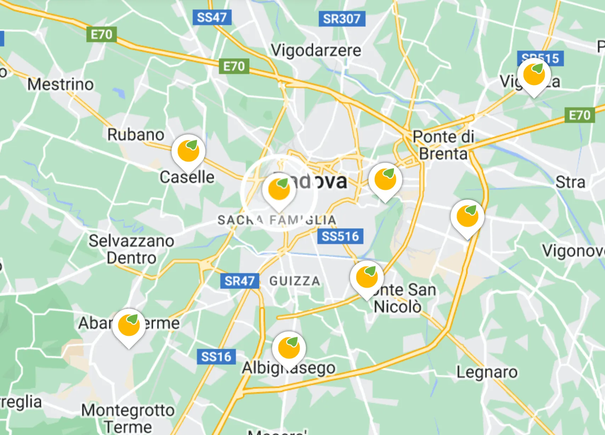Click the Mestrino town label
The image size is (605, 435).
[61, 84]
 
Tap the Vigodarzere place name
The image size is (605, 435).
[316, 50]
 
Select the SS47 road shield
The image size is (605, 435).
[212, 17]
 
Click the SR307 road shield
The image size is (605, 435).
[341, 18]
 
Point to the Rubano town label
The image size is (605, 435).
[136, 135]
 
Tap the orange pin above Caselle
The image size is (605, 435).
[188, 151]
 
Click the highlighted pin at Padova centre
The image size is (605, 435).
[279, 190]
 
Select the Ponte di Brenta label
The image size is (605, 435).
[443, 145]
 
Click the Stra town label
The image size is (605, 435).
[570, 182]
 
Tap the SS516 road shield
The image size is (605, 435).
[340, 236]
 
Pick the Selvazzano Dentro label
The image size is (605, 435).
[131, 249]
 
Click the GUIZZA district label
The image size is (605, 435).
[295, 281]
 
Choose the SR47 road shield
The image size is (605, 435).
[239, 281]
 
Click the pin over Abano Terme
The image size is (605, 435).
[129, 326]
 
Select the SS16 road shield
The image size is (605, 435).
[216, 357]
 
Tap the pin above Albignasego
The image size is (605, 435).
[289, 348]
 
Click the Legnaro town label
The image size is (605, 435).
[487, 372]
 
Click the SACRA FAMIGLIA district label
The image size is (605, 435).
[277, 220]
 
